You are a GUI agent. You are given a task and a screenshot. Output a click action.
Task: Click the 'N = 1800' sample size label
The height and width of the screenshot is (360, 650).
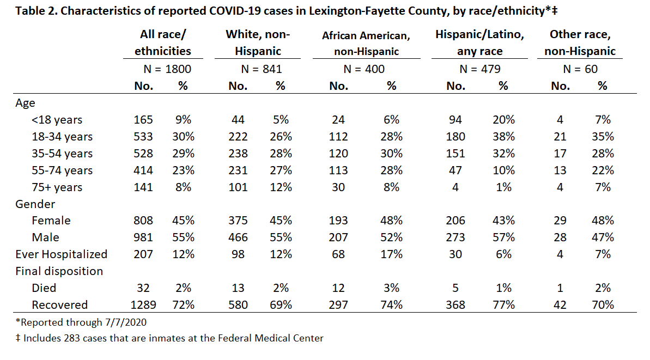(167, 69)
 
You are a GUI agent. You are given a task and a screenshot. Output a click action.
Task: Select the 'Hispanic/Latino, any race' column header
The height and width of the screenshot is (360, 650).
(479, 42)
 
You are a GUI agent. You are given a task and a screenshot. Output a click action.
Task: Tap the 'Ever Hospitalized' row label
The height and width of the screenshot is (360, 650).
(62, 254)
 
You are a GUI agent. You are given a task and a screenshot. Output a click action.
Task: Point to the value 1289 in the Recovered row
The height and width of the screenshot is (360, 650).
(143, 305)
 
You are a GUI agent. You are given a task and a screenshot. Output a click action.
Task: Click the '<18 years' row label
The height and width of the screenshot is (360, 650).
(57, 120)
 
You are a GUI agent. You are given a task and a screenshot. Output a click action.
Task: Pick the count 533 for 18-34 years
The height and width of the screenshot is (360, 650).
(143, 136)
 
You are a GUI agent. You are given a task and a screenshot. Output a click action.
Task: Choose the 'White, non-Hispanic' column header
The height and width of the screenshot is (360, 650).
(258, 42)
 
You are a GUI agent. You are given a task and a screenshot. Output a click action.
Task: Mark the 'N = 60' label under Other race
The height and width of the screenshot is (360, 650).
(580, 69)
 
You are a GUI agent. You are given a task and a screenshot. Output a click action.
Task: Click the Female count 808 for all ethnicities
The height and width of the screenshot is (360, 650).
(143, 221)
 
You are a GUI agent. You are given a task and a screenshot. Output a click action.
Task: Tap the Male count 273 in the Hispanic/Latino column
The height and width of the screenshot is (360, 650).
(455, 237)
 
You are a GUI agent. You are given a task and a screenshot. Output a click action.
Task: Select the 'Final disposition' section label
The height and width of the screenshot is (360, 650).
(59, 271)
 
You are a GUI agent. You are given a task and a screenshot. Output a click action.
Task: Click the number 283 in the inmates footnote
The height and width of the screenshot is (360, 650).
(71, 338)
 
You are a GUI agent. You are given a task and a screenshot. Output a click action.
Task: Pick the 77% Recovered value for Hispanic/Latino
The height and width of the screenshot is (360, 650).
(503, 305)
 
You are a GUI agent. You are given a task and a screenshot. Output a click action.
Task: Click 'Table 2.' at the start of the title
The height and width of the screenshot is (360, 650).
(37, 11)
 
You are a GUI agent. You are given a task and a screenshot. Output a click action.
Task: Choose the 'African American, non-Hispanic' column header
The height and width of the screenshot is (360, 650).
(366, 44)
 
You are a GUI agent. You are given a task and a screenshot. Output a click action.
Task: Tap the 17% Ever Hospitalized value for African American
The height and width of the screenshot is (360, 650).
(391, 254)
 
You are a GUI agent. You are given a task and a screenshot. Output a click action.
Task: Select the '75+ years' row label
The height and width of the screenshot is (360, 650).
(57, 187)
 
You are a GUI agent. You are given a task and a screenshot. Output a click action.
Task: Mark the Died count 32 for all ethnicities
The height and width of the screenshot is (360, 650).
(143, 288)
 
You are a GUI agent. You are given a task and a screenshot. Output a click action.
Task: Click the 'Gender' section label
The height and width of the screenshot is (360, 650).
(35, 204)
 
